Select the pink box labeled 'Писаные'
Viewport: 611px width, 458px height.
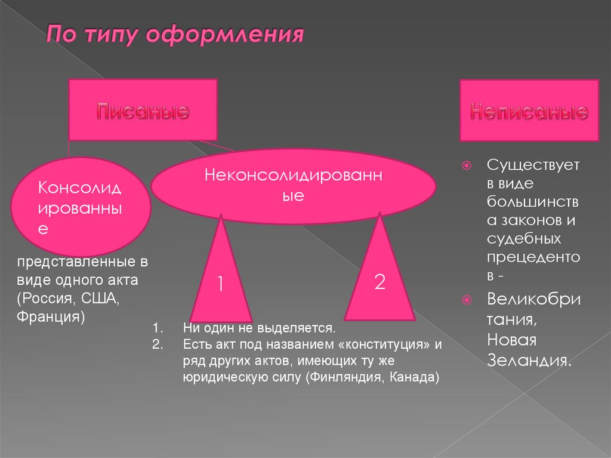tap(143, 111)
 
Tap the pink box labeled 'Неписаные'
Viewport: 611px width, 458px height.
tap(529, 111)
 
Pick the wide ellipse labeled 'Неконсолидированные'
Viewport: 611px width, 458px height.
tap(293, 185)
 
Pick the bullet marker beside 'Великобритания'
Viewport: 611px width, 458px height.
tap(467, 299)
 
